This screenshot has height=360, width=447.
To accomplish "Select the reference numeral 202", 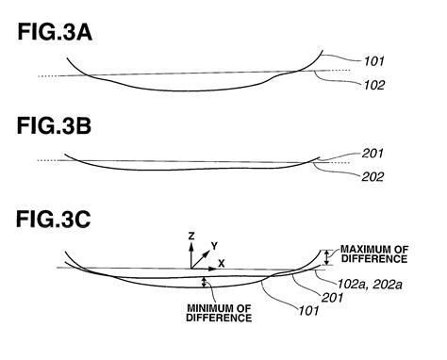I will pos(371,175).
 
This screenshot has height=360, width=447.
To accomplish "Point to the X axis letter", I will pos(223,261).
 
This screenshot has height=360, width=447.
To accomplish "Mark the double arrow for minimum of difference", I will pos(204,281).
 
